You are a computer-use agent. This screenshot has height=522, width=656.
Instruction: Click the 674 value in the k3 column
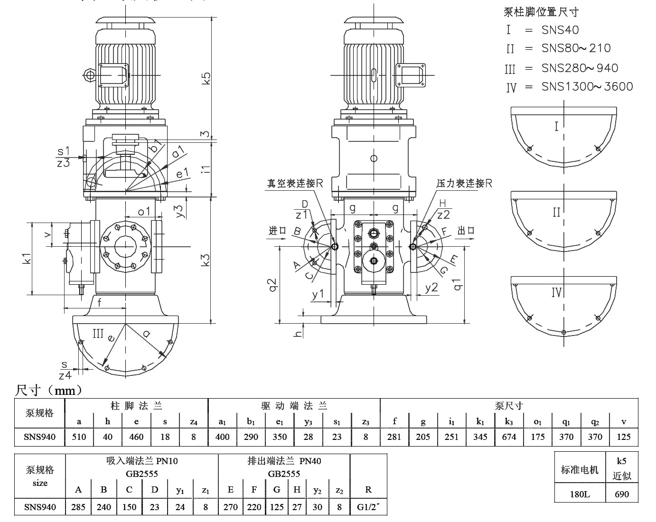(x=509, y=437)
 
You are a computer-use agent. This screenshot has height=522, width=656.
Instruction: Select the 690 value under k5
(x=621, y=494)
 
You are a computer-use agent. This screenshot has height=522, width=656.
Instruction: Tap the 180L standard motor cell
(x=580, y=494)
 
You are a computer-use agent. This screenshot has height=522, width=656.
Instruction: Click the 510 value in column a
(x=79, y=437)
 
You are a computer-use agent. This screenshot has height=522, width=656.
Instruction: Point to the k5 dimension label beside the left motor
(x=206, y=78)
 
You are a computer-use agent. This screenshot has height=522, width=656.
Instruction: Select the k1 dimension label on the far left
(x=27, y=258)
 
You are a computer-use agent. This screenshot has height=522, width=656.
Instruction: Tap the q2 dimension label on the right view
(x=272, y=286)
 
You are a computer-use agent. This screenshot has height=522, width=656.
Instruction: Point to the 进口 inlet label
(x=278, y=231)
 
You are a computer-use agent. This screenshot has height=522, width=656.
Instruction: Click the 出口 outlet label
(x=466, y=231)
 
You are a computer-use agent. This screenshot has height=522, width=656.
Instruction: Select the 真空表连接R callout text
(x=294, y=183)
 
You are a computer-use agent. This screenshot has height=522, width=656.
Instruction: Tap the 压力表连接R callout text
(x=464, y=183)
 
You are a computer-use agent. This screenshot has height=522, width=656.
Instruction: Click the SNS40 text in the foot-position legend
(x=560, y=30)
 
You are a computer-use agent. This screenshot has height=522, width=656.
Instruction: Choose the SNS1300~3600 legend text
(x=587, y=86)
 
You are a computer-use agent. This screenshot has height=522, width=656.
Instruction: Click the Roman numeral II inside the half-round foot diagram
(x=557, y=212)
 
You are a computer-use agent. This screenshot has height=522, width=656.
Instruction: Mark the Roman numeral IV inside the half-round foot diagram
(x=557, y=292)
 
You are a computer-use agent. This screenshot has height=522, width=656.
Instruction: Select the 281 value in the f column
(x=394, y=437)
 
